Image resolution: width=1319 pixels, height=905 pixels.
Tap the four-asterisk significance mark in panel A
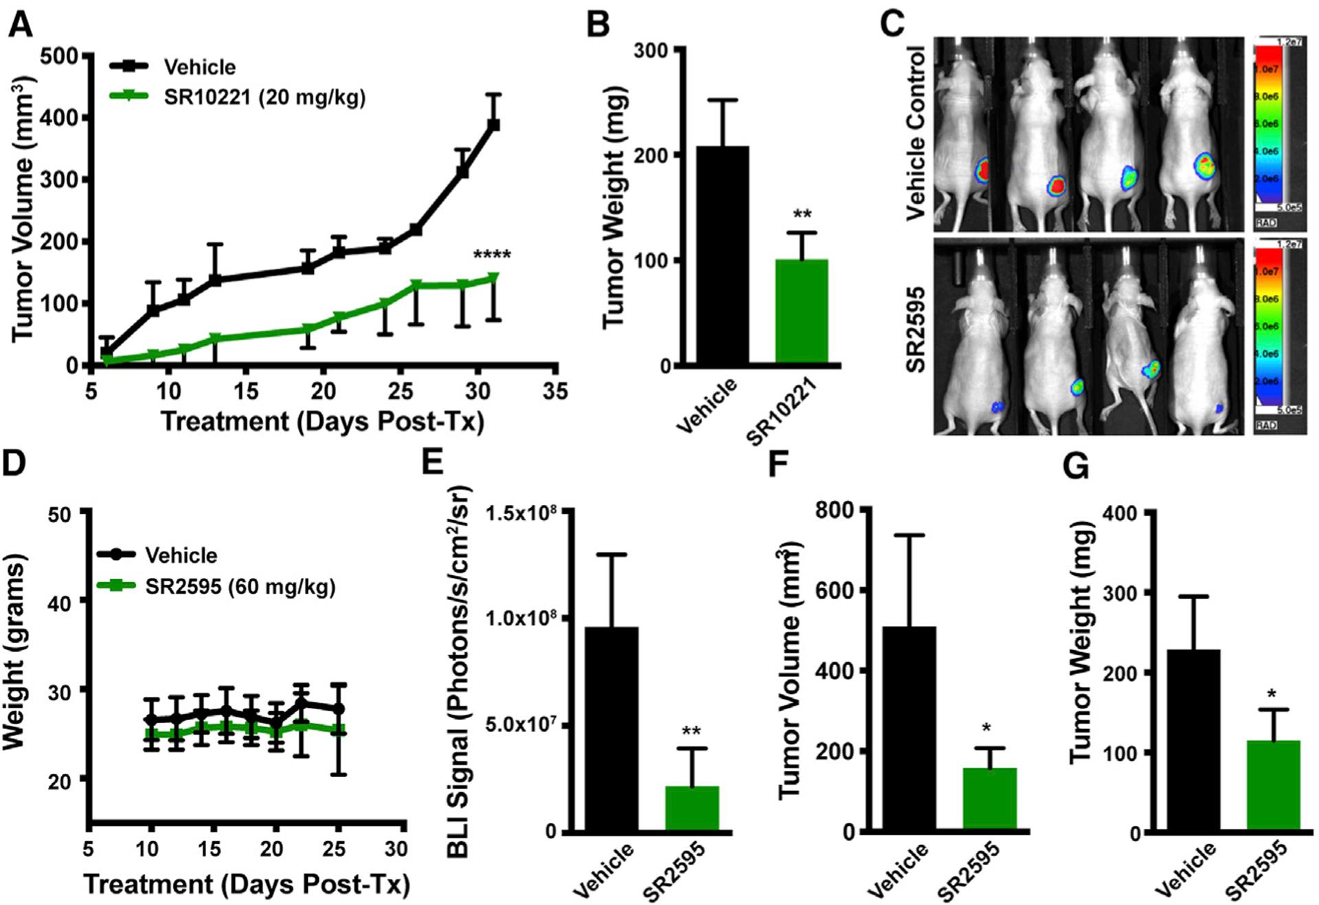(492, 256)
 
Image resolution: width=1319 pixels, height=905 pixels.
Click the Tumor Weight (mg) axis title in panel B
(616, 207)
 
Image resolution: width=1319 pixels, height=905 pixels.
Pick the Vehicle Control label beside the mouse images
(916, 133)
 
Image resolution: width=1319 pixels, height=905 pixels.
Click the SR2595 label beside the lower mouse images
(916, 330)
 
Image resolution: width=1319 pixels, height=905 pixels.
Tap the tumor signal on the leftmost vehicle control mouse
(983, 170)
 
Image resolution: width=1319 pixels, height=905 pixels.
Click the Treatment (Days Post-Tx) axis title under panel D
(247, 884)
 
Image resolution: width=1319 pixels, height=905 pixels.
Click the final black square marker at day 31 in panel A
(493, 125)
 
